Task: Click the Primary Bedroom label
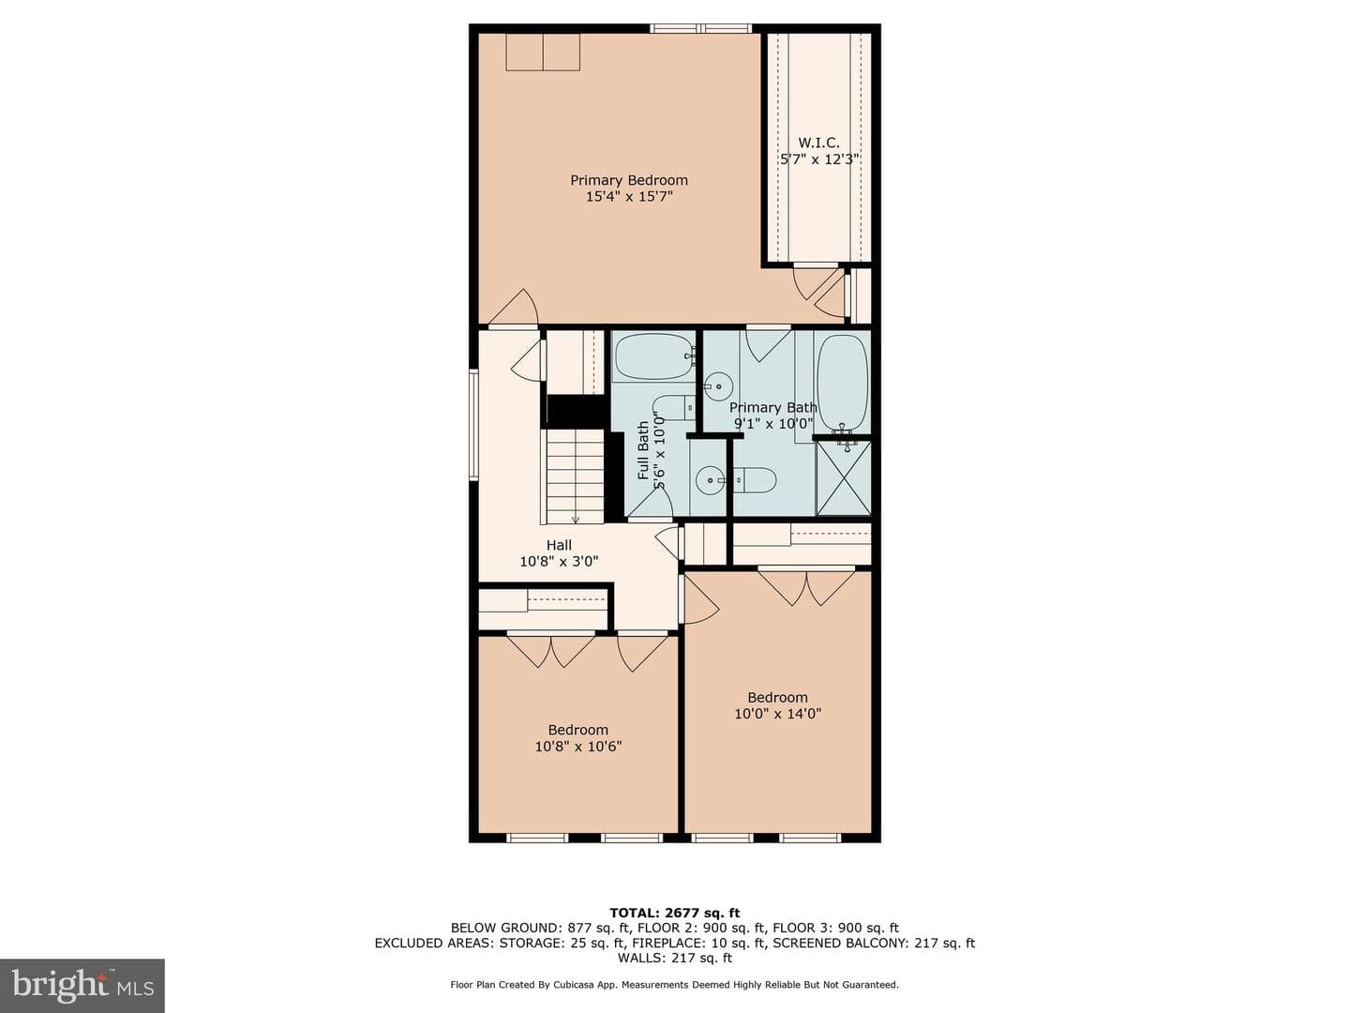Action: click(x=628, y=180)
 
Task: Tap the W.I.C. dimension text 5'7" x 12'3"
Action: click(x=819, y=159)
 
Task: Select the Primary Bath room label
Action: click(x=773, y=407)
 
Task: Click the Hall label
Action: click(x=559, y=545)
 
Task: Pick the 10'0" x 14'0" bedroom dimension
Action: click(x=778, y=714)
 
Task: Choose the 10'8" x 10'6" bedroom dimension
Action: click(x=578, y=746)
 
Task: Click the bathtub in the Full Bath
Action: click(x=654, y=356)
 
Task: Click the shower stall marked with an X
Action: click(x=843, y=477)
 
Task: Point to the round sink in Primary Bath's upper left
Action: click(x=718, y=386)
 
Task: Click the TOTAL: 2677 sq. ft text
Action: click(x=675, y=913)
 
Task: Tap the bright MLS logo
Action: click(x=82, y=987)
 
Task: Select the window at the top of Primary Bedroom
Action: click(x=701, y=28)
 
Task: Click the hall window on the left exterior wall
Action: click(x=473, y=424)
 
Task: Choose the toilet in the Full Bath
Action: click(x=674, y=408)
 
